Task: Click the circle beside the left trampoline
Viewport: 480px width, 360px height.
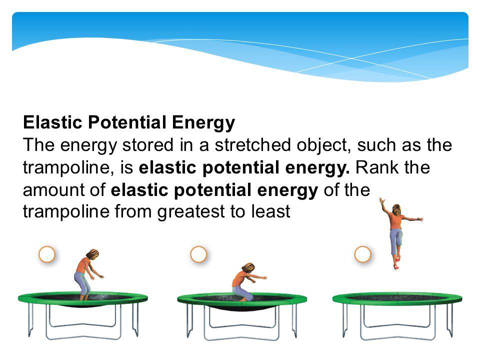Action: (x=47, y=254)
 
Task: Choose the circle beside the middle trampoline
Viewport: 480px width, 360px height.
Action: (x=198, y=254)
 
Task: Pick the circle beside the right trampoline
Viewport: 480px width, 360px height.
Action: (x=362, y=254)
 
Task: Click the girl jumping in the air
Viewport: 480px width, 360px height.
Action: (x=397, y=232)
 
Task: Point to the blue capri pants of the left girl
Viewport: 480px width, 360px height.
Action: (x=82, y=282)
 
